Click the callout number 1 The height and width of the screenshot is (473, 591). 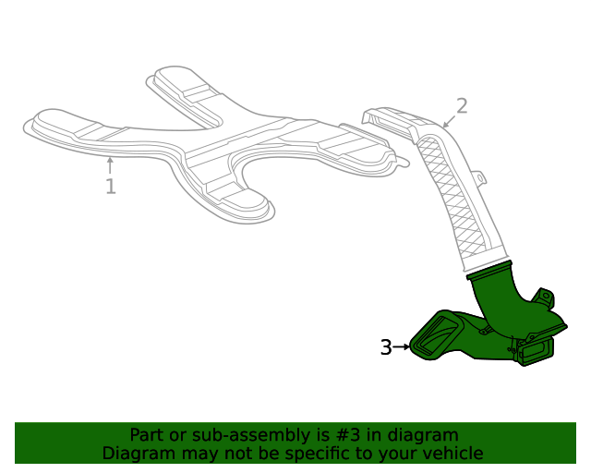(x=110, y=188)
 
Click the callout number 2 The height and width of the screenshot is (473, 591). (x=462, y=106)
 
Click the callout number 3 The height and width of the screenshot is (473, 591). (x=386, y=347)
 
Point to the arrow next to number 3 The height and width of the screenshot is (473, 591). (x=401, y=347)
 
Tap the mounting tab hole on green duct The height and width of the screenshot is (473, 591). (x=545, y=297)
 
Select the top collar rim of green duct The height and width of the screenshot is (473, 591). (x=489, y=269)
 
